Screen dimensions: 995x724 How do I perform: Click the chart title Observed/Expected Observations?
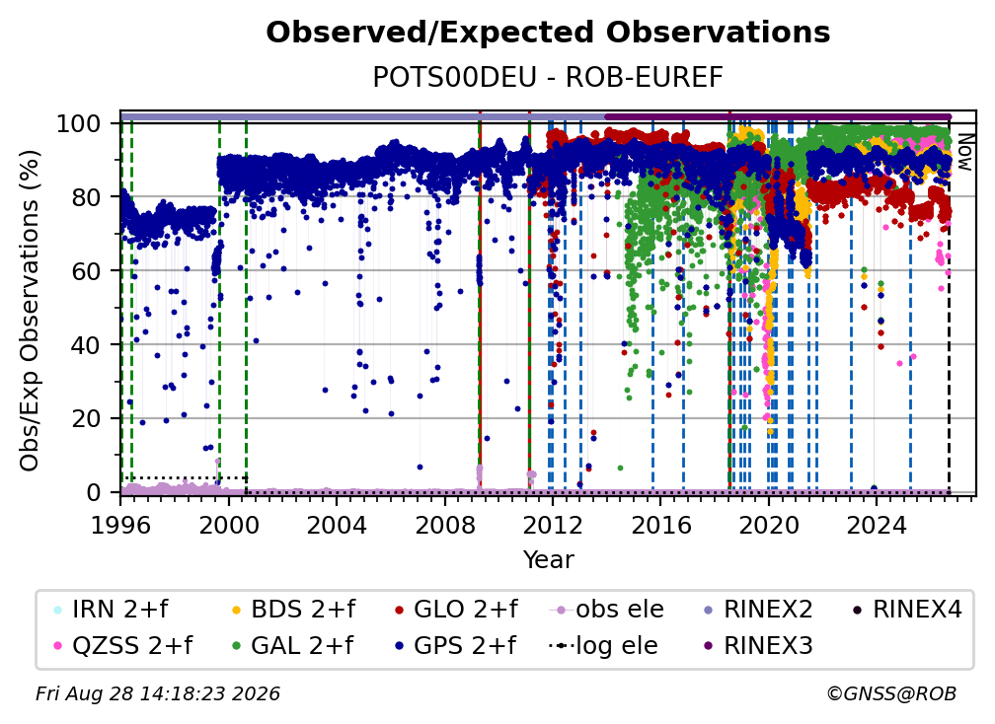point(548,33)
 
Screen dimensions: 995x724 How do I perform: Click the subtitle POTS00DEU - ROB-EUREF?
point(548,78)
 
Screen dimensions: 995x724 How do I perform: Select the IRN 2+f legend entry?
point(111,610)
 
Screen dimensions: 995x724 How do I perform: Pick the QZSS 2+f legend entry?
point(122,646)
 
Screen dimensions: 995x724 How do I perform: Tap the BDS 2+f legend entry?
point(293,610)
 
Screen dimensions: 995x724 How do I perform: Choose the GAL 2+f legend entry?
point(292,646)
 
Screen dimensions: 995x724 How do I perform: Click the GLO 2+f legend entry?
point(456,610)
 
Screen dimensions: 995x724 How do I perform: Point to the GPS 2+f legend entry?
point(455,646)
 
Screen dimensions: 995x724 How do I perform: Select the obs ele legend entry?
point(607,610)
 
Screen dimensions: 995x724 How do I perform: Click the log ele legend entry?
point(603,646)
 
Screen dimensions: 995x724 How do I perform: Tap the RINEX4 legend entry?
point(907,610)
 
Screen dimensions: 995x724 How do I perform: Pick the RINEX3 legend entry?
point(758,646)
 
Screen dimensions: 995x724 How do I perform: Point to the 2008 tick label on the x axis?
point(444,526)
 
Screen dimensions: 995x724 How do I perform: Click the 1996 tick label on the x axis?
point(120,526)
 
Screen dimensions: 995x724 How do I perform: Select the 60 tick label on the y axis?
point(86,271)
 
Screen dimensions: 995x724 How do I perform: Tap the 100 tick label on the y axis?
point(79,123)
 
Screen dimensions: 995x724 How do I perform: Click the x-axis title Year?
point(548,560)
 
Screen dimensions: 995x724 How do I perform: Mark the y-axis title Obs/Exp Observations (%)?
point(30,311)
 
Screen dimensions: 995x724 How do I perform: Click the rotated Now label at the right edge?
point(964,152)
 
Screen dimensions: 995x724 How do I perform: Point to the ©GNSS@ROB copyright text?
point(891,694)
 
